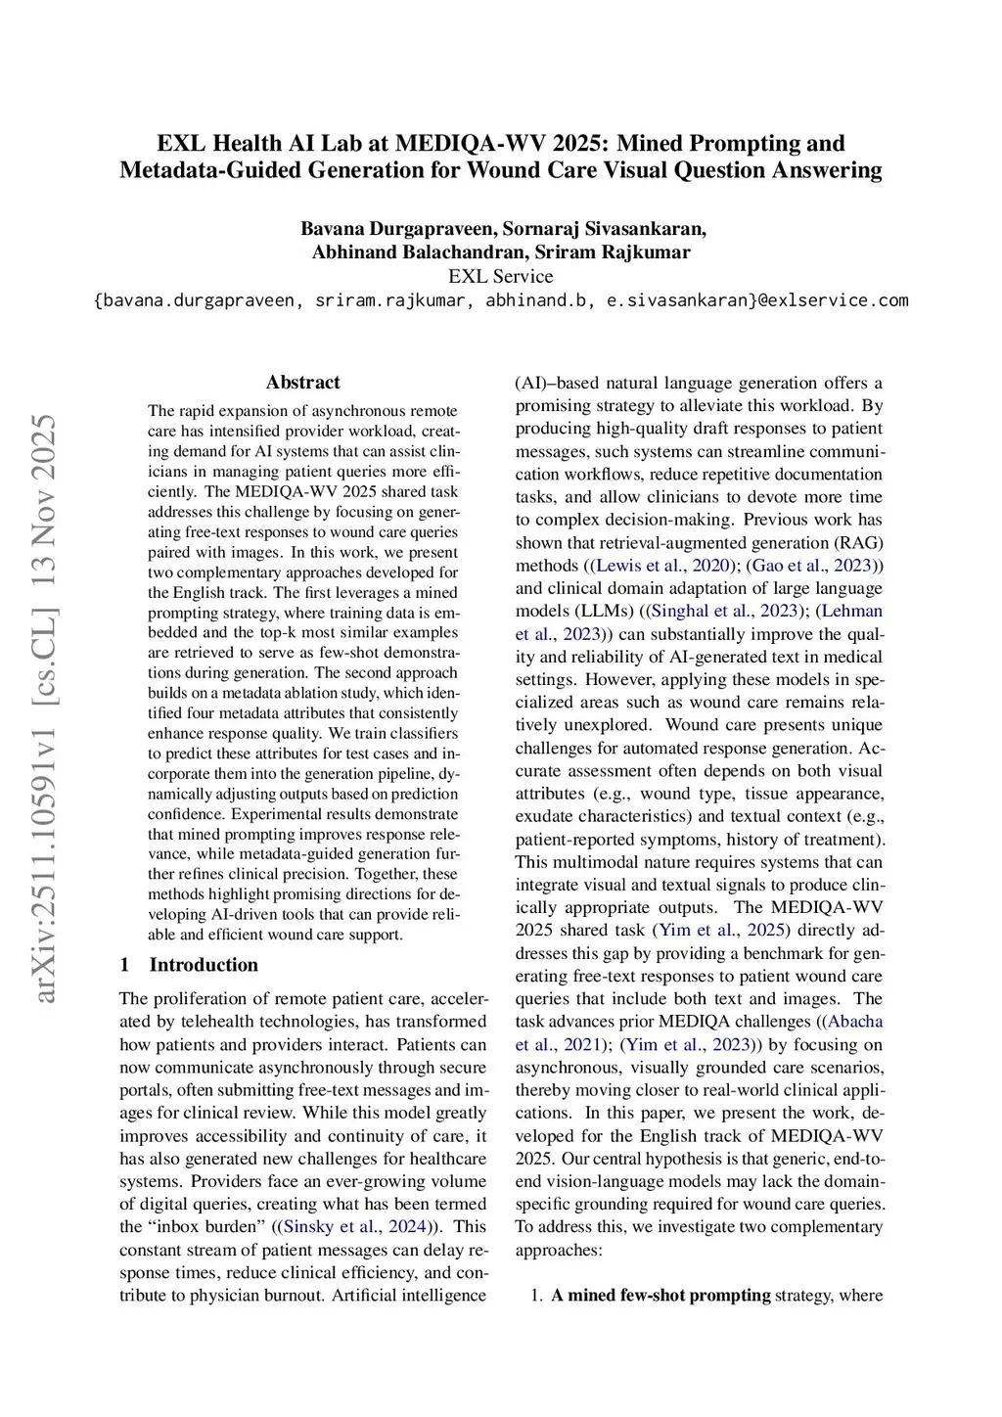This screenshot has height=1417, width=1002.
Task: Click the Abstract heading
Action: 303,383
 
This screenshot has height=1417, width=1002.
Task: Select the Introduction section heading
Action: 204,965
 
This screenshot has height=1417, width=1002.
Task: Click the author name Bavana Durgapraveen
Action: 398,229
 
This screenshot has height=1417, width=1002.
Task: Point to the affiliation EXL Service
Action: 500,276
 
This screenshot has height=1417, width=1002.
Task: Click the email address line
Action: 500,300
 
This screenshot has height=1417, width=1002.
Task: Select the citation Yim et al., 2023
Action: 690,1045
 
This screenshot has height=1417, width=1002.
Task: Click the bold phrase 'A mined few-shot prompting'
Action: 660,1296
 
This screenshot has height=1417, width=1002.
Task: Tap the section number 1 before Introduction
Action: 125,965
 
